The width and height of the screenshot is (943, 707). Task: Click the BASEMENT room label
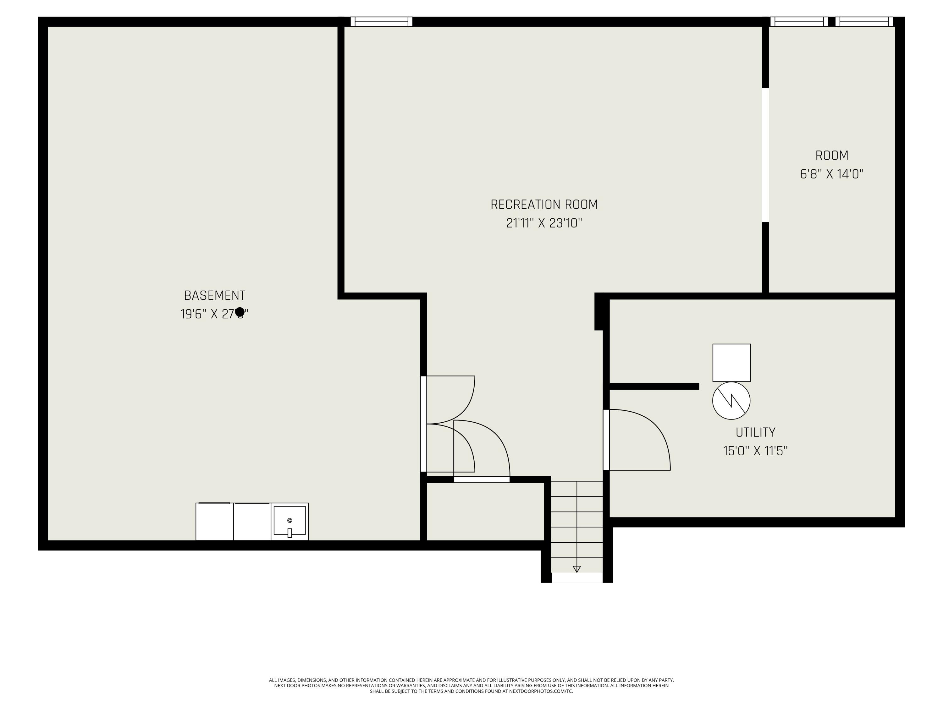pos(214,295)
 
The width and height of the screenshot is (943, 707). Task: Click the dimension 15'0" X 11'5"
pos(755,451)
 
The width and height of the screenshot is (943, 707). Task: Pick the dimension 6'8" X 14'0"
pos(831,174)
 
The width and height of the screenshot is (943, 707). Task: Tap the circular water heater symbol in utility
pos(731,401)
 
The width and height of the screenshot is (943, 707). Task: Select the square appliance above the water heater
pos(731,363)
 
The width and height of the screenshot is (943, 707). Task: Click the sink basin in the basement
pos(290,521)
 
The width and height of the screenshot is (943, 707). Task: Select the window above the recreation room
pos(381,21)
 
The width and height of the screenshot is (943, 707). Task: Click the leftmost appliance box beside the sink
pos(214,522)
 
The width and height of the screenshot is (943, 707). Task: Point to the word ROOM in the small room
pos(831,156)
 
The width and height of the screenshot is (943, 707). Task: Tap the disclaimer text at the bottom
pos(471,686)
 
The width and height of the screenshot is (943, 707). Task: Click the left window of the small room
pos(798,21)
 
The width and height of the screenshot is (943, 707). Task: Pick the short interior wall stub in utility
pos(654,386)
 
